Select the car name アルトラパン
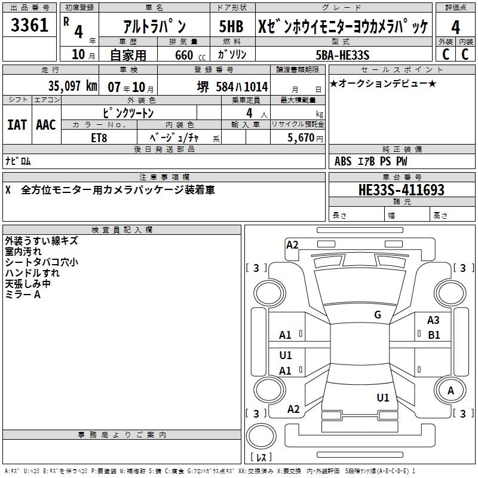pyautogui.click(x=154, y=26)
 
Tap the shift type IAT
pyautogui.click(x=17, y=125)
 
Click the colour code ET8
pyautogui.click(x=100, y=138)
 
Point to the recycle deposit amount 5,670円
pyautogui.click(x=305, y=138)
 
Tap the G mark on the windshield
pyautogui.click(x=377, y=315)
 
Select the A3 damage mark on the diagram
pyautogui.click(x=433, y=321)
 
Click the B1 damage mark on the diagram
pyautogui.click(x=434, y=335)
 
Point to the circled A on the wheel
pyautogui.click(x=451, y=390)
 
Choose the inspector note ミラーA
pyautogui.click(x=22, y=295)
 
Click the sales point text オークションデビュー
pyautogui.click(x=382, y=83)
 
